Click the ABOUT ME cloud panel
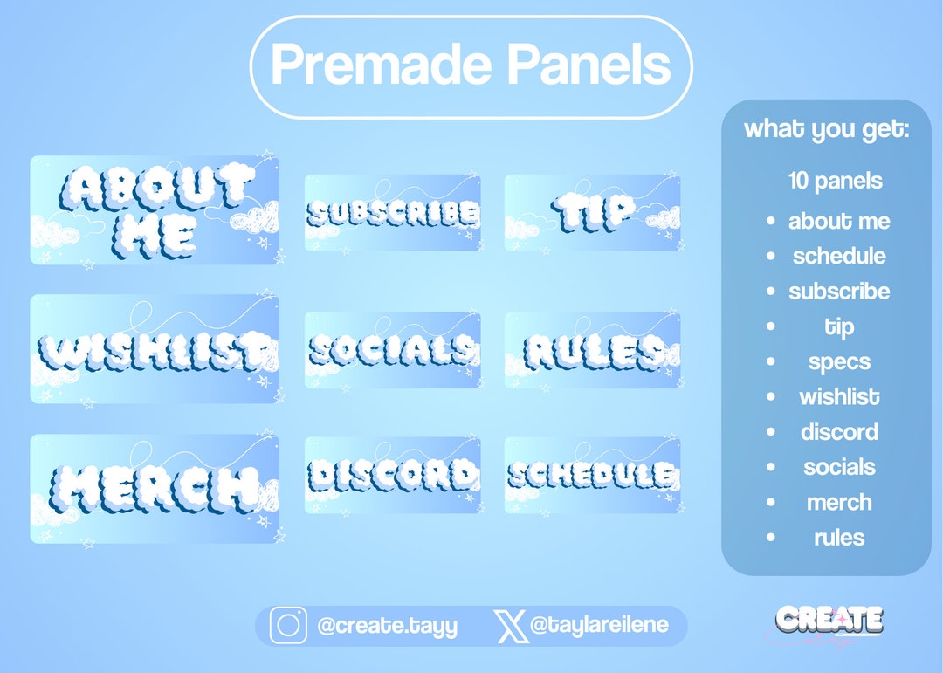(x=155, y=210)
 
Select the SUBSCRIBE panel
(x=392, y=213)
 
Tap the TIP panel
(x=593, y=212)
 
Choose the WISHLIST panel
(x=155, y=349)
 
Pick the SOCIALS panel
(x=392, y=350)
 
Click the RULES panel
(x=593, y=350)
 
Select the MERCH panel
(x=155, y=489)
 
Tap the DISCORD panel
(x=392, y=475)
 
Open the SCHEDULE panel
(x=593, y=475)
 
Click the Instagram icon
(x=287, y=626)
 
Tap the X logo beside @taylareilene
(x=509, y=626)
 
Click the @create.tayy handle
(x=387, y=626)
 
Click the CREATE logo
(x=829, y=620)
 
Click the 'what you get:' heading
(x=826, y=129)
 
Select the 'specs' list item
(x=838, y=361)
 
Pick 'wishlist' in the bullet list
(x=838, y=397)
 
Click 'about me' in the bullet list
(x=838, y=221)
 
